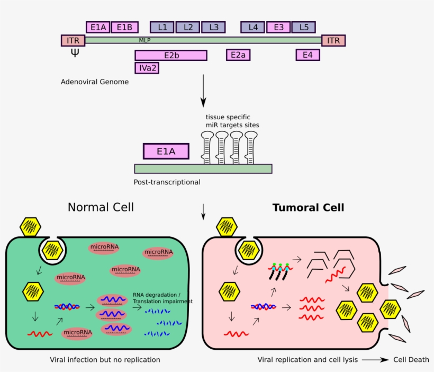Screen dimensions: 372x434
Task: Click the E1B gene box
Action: coord(125,27)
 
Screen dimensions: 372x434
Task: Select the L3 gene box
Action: coord(213,27)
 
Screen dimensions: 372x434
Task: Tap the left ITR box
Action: coord(73,40)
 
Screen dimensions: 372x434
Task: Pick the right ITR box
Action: coord(333,40)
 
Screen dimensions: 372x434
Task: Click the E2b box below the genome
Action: coord(170,55)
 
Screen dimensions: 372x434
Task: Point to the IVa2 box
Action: coord(147,68)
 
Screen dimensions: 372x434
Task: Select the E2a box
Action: coord(238,55)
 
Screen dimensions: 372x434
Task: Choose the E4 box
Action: coord(308,55)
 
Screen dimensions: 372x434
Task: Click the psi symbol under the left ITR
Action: coord(75,53)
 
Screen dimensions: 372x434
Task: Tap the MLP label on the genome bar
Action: coord(145,40)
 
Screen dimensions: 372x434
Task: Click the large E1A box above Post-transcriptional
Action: coord(166,152)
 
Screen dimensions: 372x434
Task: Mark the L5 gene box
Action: coord(303,27)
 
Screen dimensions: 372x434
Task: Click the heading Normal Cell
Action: coord(101,207)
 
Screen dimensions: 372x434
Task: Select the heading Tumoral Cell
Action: coord(308,208)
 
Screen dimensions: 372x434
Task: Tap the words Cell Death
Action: coord(411,360)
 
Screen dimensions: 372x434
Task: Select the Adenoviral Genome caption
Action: coord(95,82)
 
